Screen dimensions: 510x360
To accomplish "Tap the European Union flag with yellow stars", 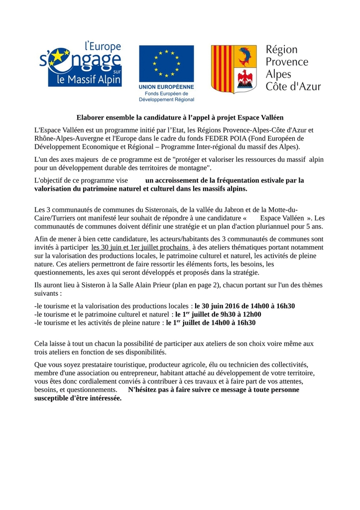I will point(166,62).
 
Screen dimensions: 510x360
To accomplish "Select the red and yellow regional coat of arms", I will point(234,69).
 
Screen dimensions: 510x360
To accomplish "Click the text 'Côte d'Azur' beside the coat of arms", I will point(293,87).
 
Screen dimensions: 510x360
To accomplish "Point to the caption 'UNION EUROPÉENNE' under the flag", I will point(166,87).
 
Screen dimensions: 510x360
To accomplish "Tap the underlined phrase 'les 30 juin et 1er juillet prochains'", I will point(140,247).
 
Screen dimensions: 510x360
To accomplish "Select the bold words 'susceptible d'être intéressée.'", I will point(78,398).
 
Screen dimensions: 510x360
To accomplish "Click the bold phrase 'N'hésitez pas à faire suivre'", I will point(172,389).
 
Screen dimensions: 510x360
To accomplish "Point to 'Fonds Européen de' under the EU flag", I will point(166,93).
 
